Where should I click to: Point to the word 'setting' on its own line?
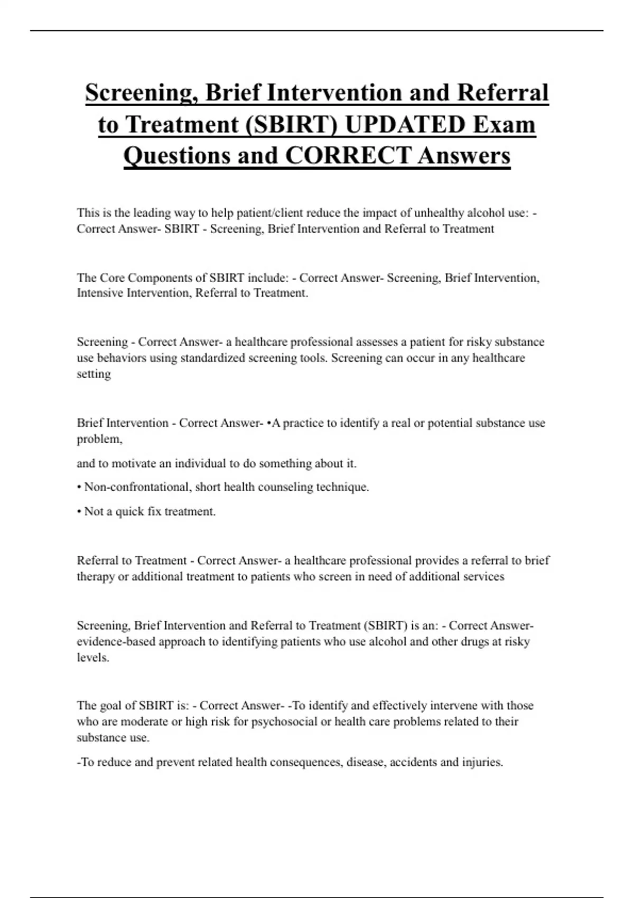click(94, 374)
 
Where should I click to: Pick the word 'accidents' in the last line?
click(413, 762)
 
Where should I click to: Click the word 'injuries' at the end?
click(482, 762)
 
